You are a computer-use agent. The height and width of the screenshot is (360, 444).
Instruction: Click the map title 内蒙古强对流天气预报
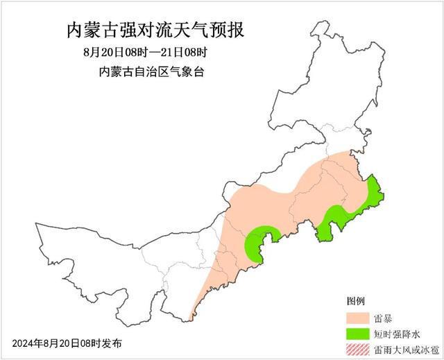[x=155, y=31]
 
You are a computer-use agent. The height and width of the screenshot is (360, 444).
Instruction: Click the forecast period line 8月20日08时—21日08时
[x=145, y=53]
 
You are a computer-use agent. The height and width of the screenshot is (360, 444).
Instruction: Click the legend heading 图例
[x=355, y=301]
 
